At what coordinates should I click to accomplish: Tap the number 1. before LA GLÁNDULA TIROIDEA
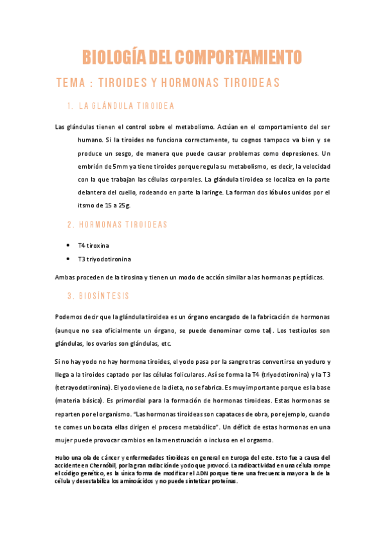pyautogui.click(x=69, y=106)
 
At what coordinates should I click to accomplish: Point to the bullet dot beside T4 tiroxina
pyautogui.click(x=68, y=245)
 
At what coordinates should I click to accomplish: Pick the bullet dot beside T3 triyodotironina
pyautogui.click(x=68, y=259)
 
